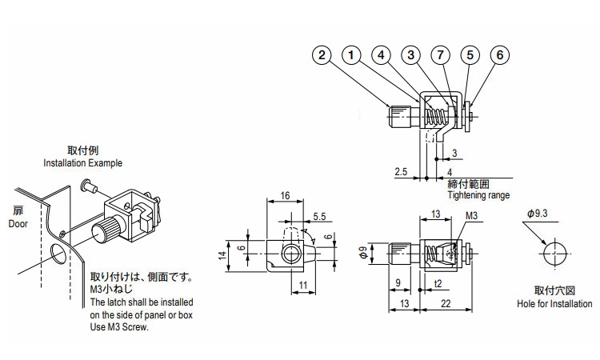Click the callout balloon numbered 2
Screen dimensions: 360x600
(x=322, y=55)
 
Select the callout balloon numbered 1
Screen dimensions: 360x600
(x=351, y=55)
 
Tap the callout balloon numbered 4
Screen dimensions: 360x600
(x=381, y=55)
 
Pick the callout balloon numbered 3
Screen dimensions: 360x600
(x=410, y=55)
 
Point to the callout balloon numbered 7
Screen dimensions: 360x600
(x=440, y=55)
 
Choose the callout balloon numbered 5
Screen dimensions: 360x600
(x=470, y=55)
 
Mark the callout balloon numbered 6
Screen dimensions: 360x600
(x=499, y=55)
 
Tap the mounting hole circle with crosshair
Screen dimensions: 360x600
(x=554, y=253)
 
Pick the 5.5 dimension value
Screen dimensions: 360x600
(x=318, y=215)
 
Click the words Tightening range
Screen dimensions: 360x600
(x=478, y=194)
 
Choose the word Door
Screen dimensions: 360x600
(x=18, y=225)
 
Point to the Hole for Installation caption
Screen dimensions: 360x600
(x=554, y=304)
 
